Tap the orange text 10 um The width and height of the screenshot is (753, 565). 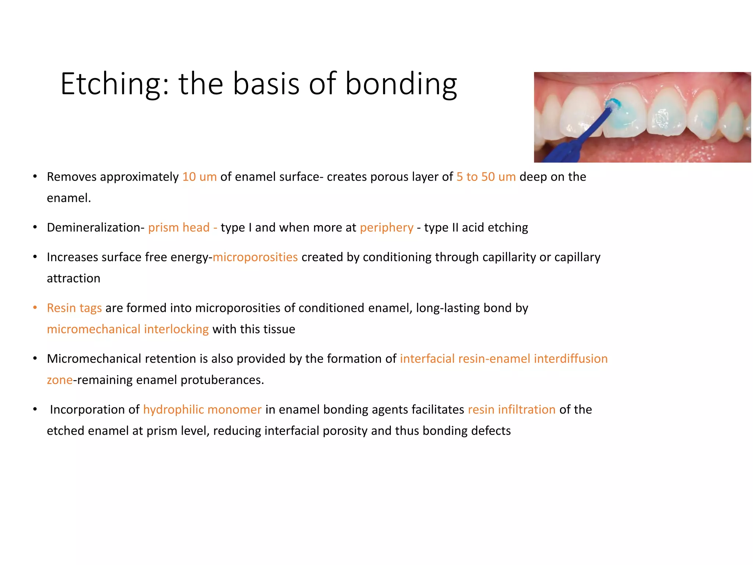click(199, 177)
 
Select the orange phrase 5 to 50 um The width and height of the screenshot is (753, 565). click(486, 177)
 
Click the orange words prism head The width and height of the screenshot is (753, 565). click(179, 228)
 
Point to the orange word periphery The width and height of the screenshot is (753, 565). click(386, 228)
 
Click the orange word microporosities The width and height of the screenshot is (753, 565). click(255, 257)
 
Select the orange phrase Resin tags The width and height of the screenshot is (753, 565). click(74, 308)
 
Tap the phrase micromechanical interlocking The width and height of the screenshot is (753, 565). click(128, 329)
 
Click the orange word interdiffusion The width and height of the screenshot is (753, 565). click(571, 359)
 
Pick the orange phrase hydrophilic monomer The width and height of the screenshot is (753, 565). click(202, 409)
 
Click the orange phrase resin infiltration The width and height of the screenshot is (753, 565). click(511, 409)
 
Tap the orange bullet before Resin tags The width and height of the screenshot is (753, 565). click(35, 308)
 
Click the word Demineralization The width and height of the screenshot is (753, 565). click(94, 228)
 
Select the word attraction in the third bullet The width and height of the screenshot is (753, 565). click(74, 278)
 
